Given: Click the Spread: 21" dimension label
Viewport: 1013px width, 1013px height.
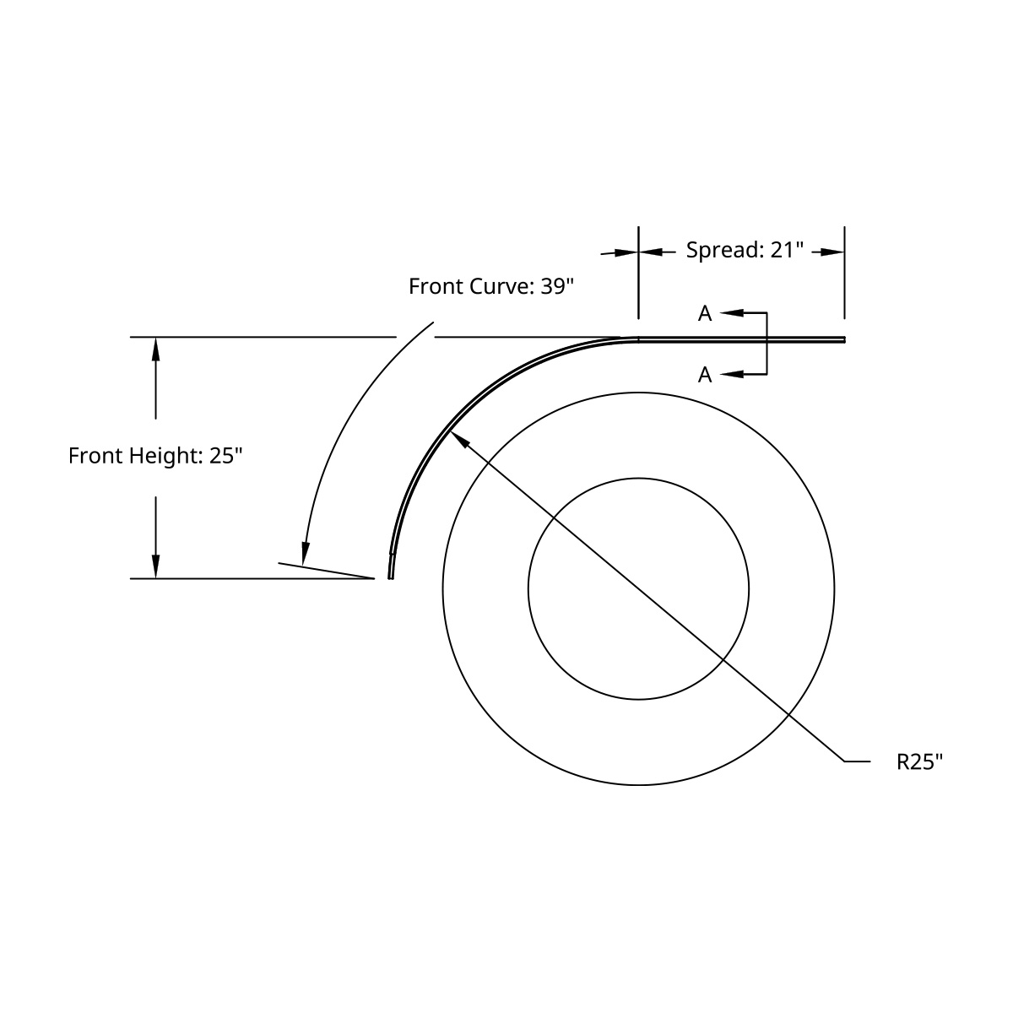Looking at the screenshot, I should pos(744,251).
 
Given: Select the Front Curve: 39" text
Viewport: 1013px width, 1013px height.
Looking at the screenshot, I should pos(490,287).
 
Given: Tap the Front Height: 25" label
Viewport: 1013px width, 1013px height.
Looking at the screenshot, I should pos(156,457).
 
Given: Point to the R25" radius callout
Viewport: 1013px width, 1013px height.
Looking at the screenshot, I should pos(918,762).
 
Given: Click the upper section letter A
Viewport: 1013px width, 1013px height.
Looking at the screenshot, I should pos(705,314).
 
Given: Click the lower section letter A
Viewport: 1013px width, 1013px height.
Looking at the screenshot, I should pos(705,374).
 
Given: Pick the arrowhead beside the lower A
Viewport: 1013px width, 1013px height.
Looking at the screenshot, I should pos(731,373).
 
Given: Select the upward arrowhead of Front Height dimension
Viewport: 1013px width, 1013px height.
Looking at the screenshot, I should pos(155,349).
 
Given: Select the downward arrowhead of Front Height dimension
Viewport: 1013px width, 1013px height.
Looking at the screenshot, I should pos(155,566).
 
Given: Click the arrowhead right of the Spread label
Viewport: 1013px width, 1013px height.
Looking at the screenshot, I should pos(832,252).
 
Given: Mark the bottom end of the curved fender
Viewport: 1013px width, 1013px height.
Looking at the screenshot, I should pos(390,577).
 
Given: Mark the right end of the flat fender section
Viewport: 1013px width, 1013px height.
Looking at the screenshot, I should pos(842,340).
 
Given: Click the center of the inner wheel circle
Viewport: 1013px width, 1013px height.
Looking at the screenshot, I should pos(638,588).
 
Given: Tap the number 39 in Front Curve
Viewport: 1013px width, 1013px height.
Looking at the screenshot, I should pos(552,287).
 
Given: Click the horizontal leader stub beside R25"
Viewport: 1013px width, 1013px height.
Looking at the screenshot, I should pos(858,762).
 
